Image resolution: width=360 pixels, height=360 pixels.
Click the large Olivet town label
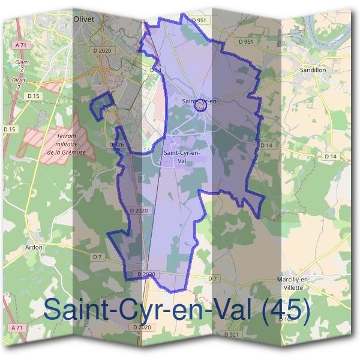click(x=85, y=19)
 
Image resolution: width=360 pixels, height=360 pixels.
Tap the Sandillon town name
click(x=313, y=70)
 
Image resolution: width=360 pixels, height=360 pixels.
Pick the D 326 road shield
click(x=116, y=145)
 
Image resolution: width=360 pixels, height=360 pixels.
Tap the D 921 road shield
click(x=232, y=334)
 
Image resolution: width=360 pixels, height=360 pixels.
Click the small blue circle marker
click(x=202, y=106)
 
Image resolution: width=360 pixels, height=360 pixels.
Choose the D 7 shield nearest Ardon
click(x=97, y=257)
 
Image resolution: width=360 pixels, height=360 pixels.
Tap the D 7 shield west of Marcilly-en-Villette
click(x=212, y=278)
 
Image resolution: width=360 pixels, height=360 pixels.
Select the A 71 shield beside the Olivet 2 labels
click(x=20, y=45)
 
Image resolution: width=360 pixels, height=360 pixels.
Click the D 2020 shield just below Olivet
click(x=104, y=50)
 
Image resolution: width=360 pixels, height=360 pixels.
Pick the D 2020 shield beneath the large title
click(x=142, y=327)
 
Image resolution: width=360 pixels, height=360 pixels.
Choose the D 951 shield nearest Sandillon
click(x=245, y=41)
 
